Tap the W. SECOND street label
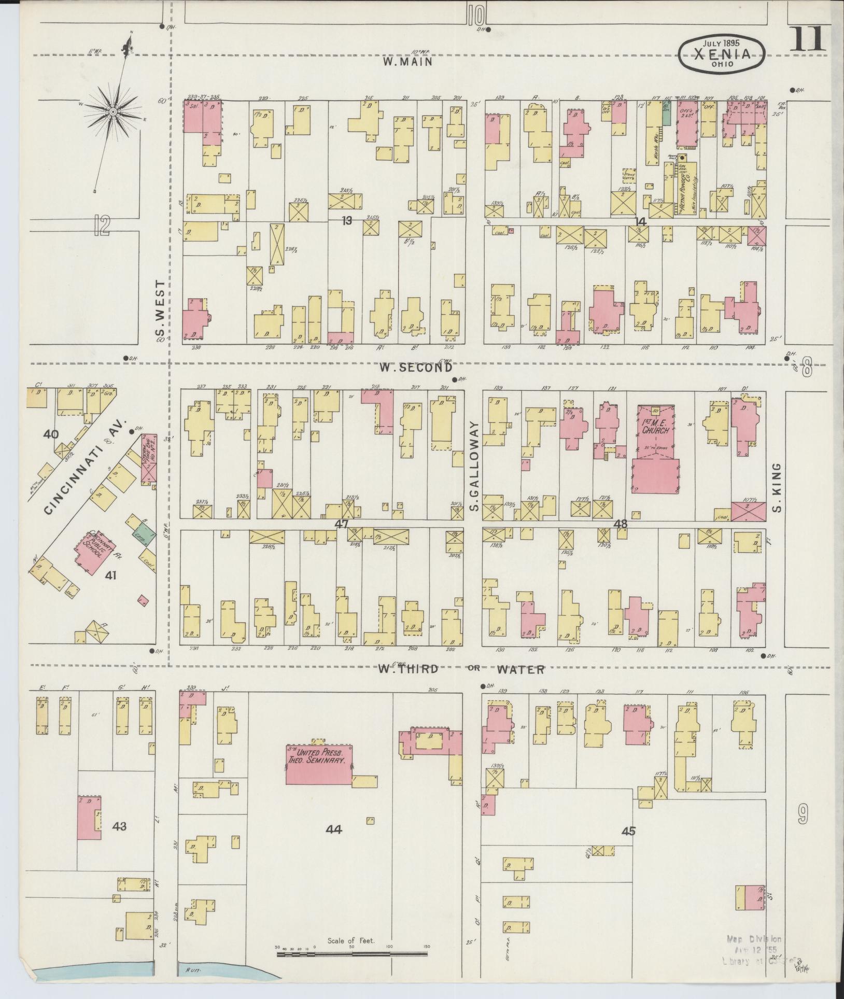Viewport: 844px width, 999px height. (415, 368)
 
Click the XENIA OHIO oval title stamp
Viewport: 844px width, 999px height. (723, 55)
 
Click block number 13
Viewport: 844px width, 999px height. (346, 221)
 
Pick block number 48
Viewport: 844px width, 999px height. (620, 524)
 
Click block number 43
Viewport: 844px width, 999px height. (119, 825)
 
